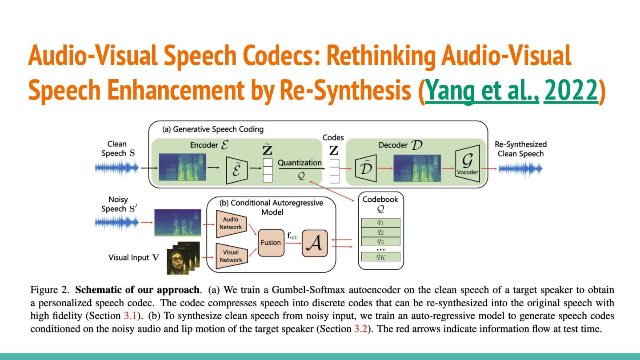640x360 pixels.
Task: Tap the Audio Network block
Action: tap(230, 224)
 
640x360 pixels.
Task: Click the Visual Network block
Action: tap(231, 256)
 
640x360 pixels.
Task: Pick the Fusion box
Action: tap(271, 243)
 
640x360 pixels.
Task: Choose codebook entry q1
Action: tap(380, 223)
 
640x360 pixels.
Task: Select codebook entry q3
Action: tap(380, 241)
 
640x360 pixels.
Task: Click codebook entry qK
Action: tap(380, 256)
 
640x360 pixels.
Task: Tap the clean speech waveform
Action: tap(117, 168)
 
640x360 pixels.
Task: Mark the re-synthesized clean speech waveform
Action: tap(520, 168)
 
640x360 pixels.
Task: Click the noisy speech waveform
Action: tap(117, 222)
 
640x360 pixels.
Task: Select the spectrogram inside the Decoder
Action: tap(417, 168)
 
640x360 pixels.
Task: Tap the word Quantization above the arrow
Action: tap(300, 163)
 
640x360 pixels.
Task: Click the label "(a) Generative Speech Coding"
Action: tap(213, 129)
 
